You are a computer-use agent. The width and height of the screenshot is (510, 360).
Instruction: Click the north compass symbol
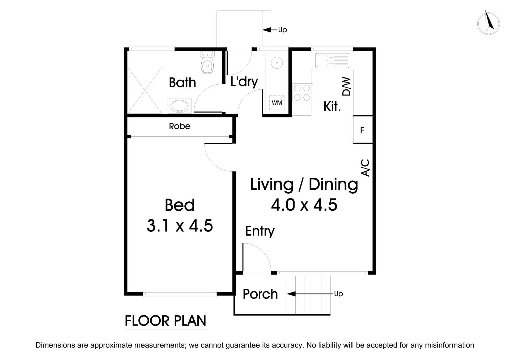pos(488,23)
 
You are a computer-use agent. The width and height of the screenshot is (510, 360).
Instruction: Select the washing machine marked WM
pos(277,103)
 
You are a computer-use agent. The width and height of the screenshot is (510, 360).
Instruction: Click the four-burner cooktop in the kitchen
pos(303,93)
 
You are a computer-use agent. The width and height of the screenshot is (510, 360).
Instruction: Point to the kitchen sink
pos(332,60)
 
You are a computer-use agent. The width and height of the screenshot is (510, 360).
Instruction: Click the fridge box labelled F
pos(362,130)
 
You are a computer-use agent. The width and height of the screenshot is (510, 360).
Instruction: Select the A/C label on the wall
pos(365,167)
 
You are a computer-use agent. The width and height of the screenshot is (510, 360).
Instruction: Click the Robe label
pos(180,126)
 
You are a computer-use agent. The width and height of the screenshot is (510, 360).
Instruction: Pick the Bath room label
pos(182,83)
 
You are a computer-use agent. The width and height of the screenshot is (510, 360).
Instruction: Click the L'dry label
pos(244,82)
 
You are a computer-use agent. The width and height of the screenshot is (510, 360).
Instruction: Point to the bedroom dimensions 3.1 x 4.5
pos(180,226)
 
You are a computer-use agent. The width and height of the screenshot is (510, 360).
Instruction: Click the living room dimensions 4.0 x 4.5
pos(304,205)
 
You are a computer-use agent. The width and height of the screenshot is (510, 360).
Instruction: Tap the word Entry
pos(260,231)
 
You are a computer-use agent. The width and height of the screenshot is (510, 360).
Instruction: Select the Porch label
pos(260,294)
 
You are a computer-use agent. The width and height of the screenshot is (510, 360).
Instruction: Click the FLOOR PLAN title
pos(165,321)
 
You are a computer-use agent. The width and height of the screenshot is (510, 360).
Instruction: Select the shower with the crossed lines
pos(144,90)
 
